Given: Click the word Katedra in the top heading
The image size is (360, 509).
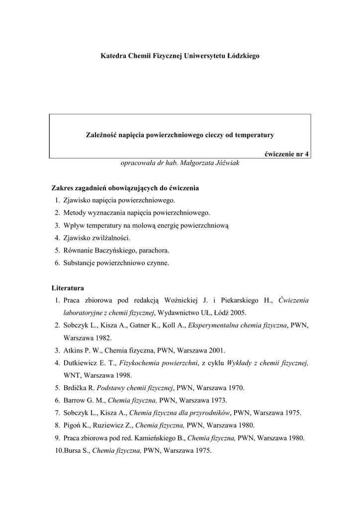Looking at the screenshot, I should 113,56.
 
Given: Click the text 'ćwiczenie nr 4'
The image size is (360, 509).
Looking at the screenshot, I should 286,154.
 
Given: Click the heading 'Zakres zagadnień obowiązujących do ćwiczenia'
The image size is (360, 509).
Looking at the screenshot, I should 125,188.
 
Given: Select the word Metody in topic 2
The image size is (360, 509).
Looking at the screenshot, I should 74,213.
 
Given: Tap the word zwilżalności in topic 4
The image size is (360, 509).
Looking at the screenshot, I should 110,238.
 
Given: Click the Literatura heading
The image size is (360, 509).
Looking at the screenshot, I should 68,288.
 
